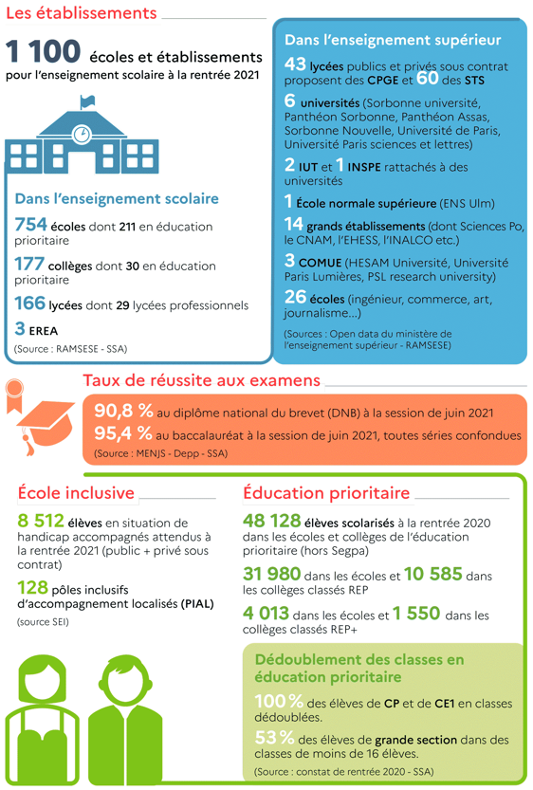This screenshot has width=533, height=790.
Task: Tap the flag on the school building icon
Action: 87,101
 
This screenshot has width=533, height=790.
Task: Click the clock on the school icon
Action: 83,133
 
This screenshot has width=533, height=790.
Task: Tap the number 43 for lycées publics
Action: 295,65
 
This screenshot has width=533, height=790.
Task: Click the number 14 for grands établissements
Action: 293,225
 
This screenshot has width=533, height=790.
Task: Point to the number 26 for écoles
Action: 295,298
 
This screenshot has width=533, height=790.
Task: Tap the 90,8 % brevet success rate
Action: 124,412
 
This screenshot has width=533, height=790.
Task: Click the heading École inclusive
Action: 77,493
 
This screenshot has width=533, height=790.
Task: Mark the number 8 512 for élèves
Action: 41,521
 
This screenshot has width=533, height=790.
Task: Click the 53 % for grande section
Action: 273,737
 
